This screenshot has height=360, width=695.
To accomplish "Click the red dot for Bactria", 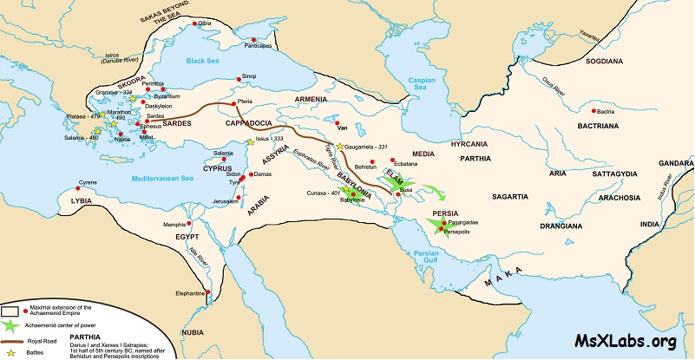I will (x=594, y=112).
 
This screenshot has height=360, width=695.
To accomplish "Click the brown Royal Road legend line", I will (x=11, y=342).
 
